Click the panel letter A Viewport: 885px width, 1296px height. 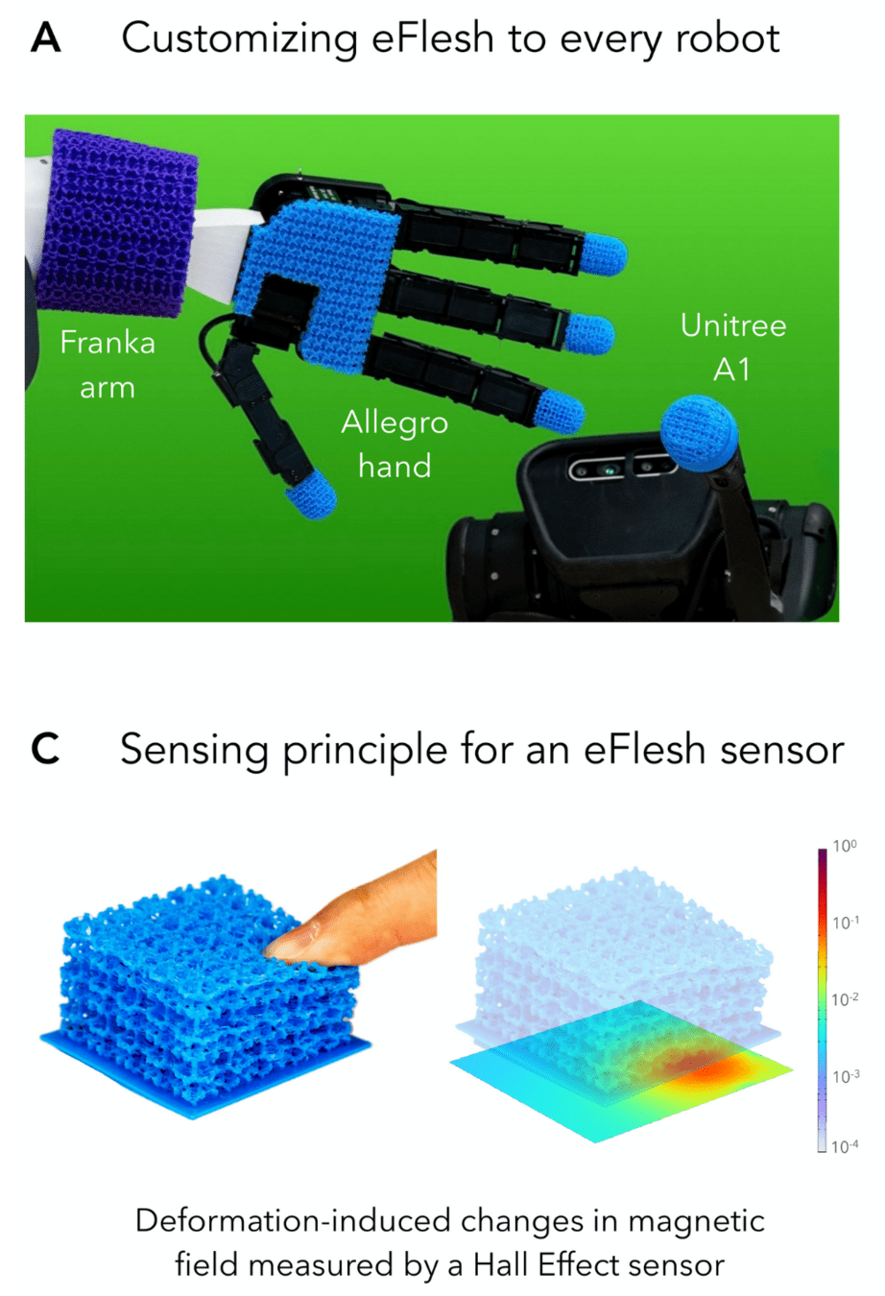point(45,38)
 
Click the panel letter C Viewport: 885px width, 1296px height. point(45,750)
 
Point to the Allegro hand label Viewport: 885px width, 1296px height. point(395,444)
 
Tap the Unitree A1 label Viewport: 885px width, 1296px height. point(732,347)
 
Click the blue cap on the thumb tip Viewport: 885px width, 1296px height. point(311,495)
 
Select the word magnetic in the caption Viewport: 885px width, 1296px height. point(695,1221)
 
